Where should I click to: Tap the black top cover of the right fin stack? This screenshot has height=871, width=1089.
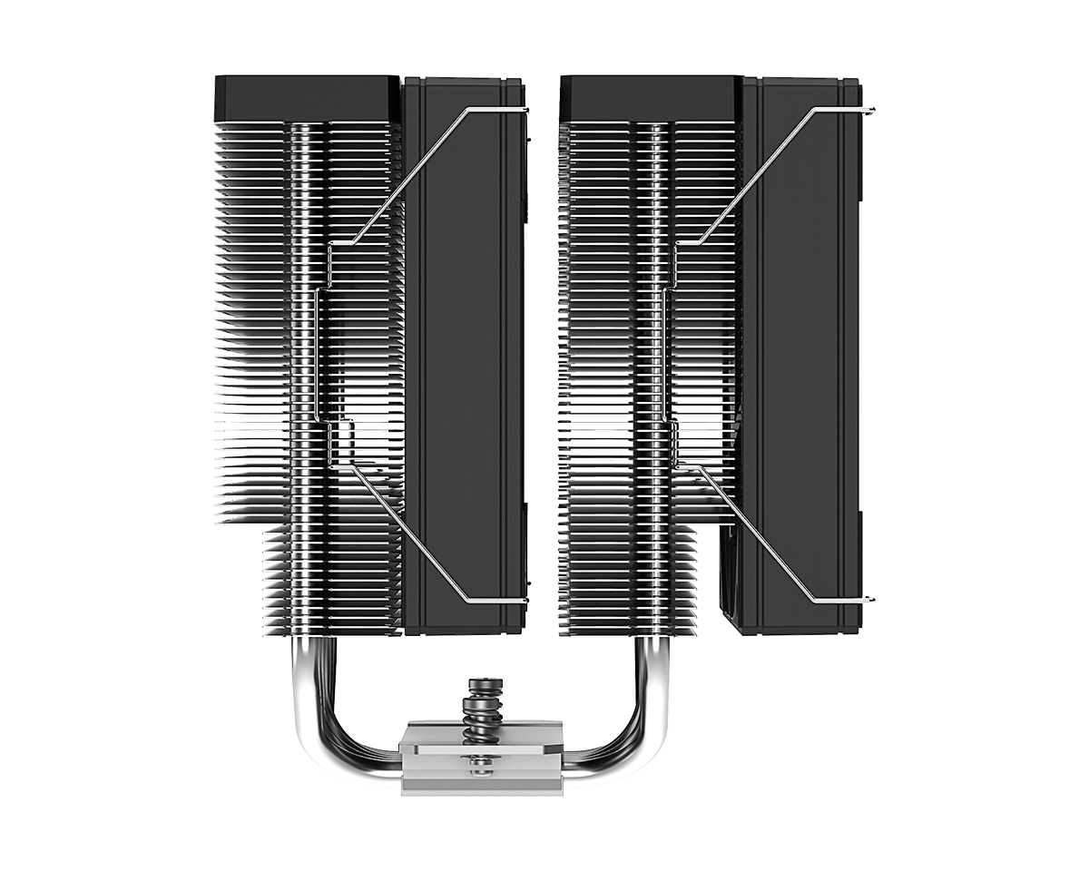pyautogui.click(x=650, y=97)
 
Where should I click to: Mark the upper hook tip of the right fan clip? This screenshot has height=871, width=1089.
pyautogui.click(x=871, y=111)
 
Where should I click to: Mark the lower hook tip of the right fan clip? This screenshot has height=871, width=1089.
pyautogui.click(x=871, y=599)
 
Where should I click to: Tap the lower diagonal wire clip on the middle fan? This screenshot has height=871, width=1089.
pyautogui.click(x=408, y=535)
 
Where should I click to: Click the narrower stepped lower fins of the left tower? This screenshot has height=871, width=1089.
pyautogui.click(x=331, y=581)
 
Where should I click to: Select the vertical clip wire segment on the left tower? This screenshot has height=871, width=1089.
pyautogui.click(x=317, y=354)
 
